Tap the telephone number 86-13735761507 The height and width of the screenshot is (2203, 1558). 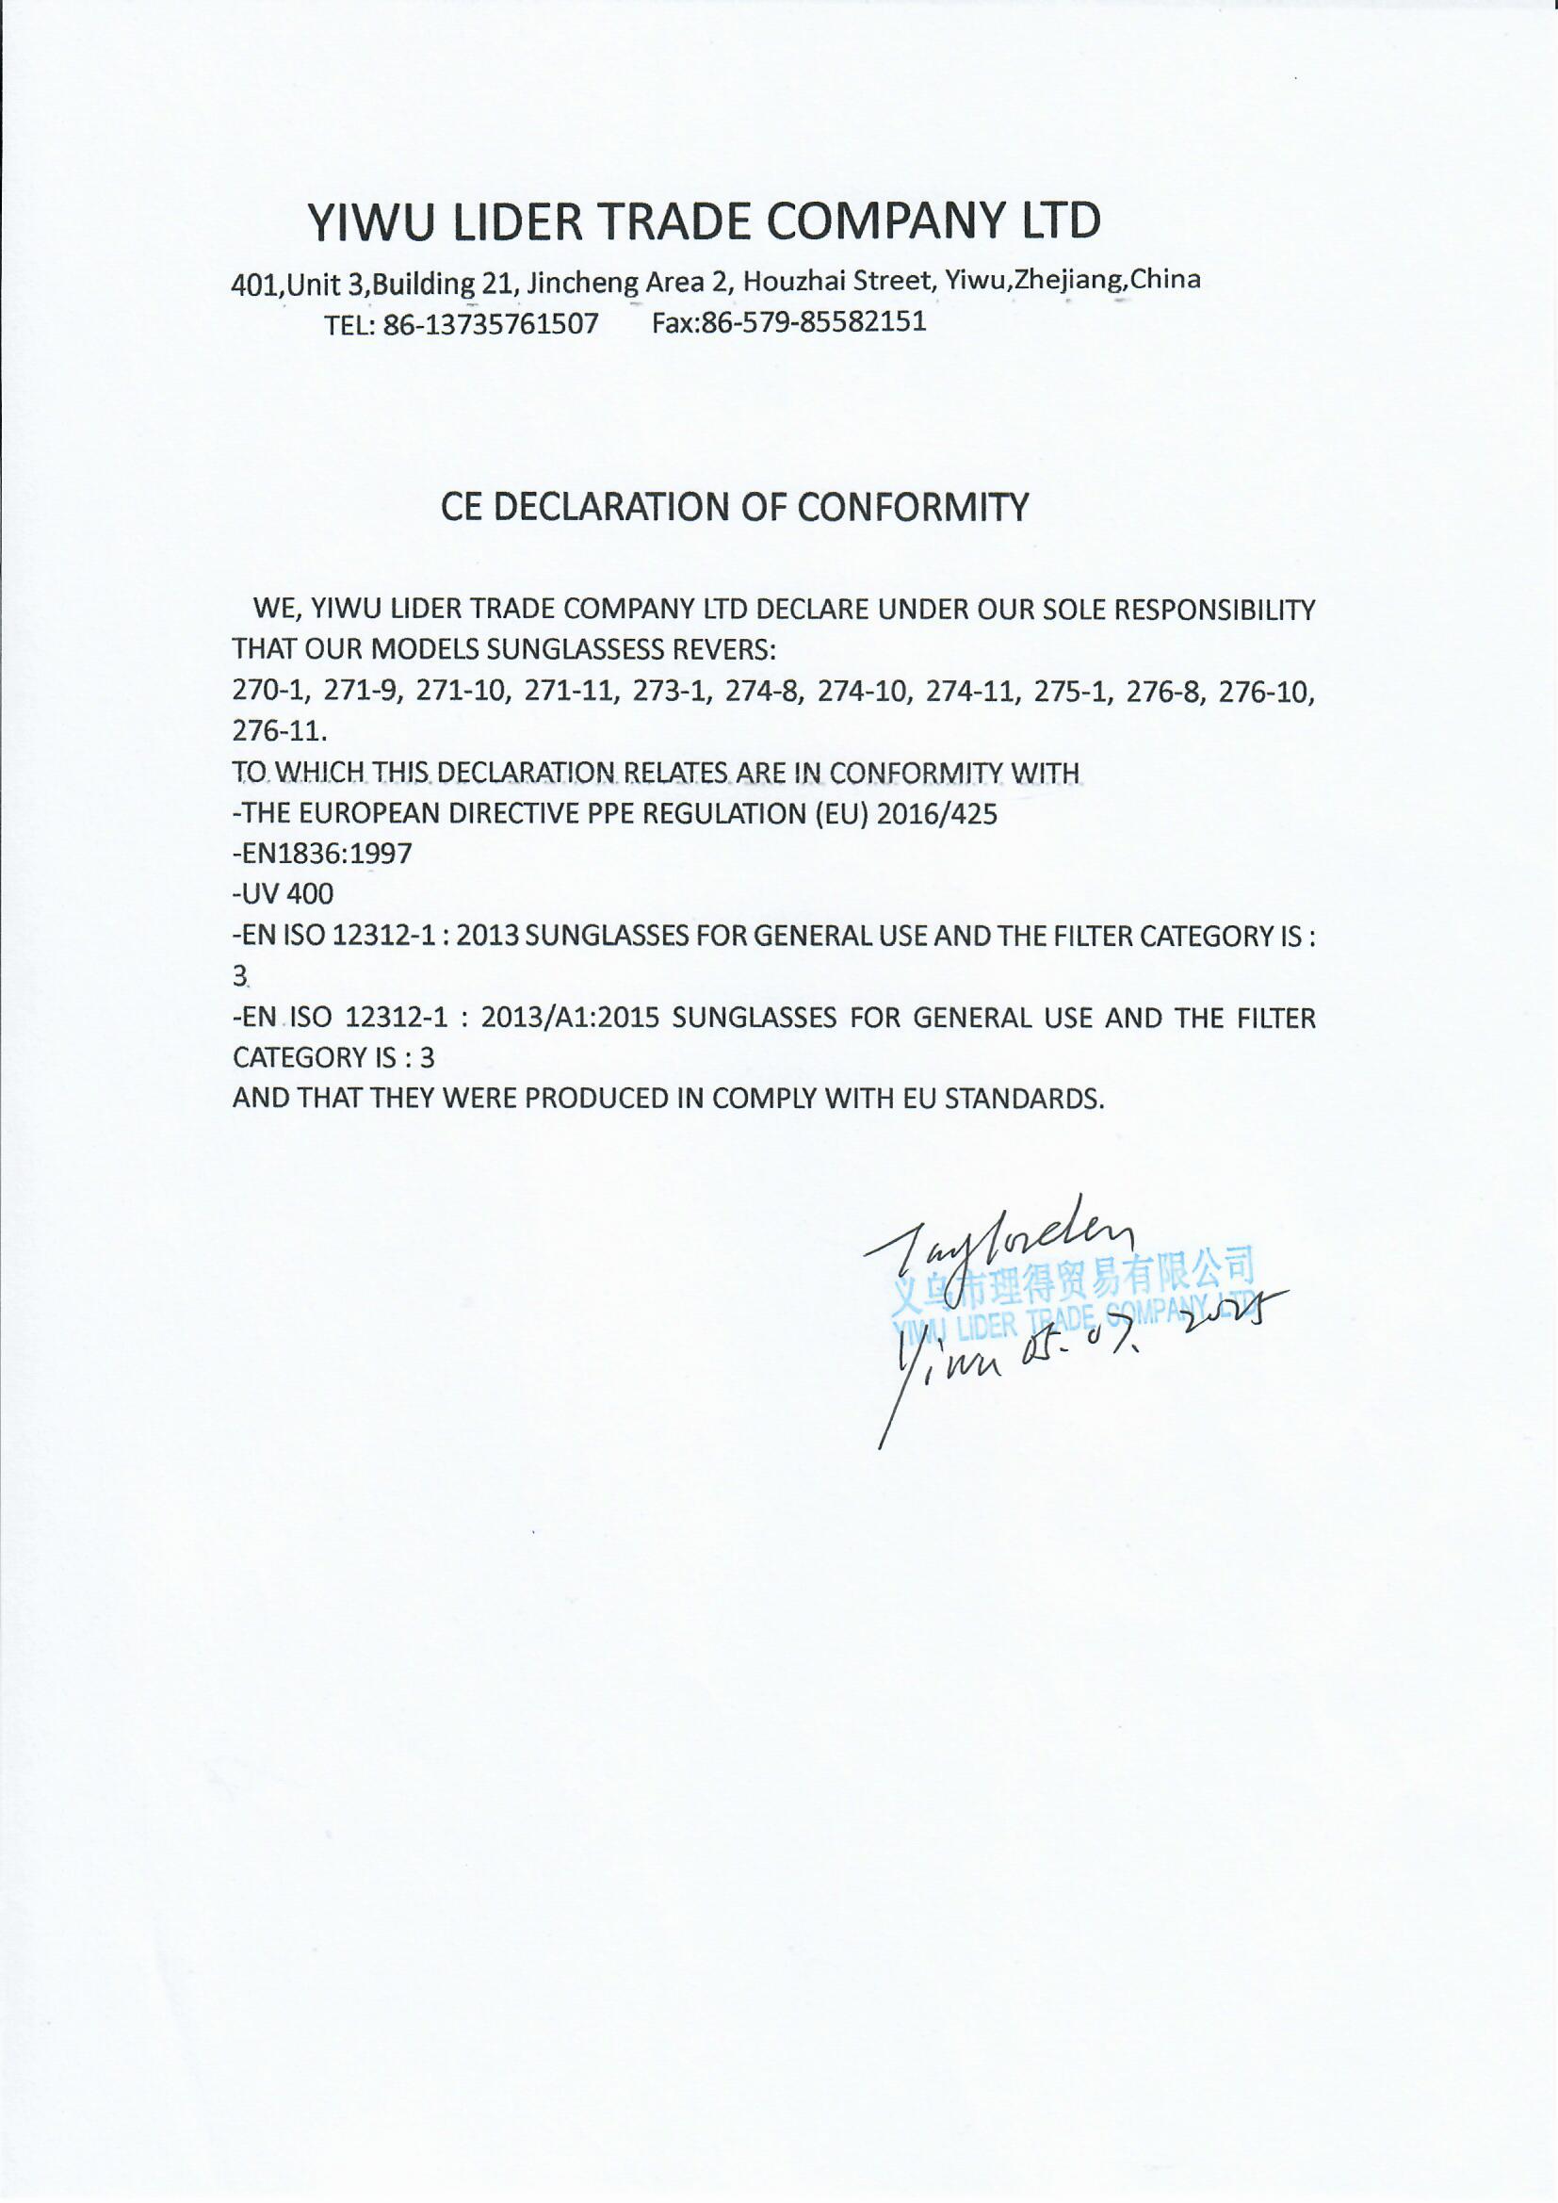pos(490,324)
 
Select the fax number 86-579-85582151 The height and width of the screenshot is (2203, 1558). pos(815,321)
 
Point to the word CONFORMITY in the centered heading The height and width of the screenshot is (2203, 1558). pos(912,507)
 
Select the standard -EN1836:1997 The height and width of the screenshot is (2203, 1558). pos(322,854)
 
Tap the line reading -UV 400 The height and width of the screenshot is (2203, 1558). pos(283,894)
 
